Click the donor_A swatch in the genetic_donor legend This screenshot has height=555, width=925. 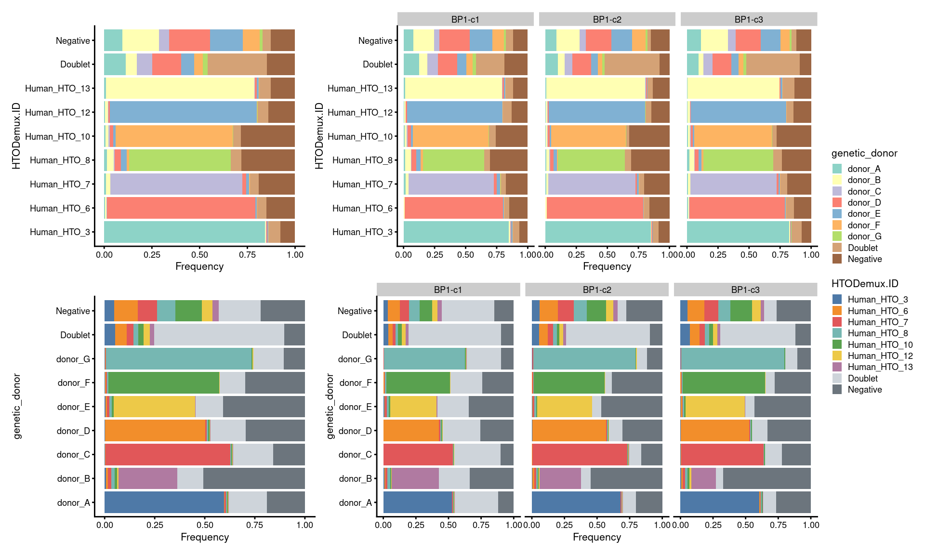(x=837, y=169)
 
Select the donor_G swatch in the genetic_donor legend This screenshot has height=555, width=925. (x=837, y=236)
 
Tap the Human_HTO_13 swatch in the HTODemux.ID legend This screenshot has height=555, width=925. (x=837, y=367)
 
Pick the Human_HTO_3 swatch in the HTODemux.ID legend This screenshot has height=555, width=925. (x=837, y=299)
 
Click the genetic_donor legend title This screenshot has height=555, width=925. (x=864, y=153)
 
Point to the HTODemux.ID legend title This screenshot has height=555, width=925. (x=865, y=284)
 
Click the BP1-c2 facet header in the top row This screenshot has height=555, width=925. (x=607, y=19)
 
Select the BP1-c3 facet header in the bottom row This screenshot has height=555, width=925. (x=745, y=290)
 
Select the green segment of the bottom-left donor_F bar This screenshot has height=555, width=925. (x=164, y=383)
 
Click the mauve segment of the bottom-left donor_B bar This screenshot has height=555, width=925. (x=148, y=478)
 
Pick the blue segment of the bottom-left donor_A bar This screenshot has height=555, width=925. (x=164, y=502)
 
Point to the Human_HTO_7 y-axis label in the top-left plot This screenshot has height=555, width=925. (x=60, y=184)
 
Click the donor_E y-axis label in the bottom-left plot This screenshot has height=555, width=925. (x=73, y=407)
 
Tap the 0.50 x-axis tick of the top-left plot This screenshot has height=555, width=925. (x=199, y=255)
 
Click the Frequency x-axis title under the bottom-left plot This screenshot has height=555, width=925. (x=205, y=537)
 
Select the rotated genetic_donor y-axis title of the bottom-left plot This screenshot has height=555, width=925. (x=17, y=406)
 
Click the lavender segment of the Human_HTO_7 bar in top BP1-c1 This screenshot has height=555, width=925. (x=451, y=184)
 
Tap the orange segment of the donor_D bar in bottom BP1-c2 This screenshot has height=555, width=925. (x=569, y=431)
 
